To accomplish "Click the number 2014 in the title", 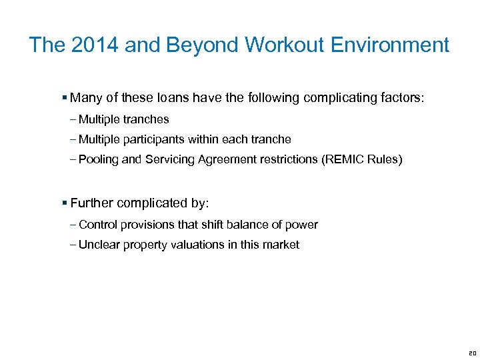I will [x=84, y=45].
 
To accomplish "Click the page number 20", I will [x=471, y=353].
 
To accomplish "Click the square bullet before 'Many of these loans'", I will [x=65, y=98].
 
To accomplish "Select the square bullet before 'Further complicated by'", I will [x=65, y=203].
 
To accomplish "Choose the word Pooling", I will [x=97, y=160].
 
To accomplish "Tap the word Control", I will [x=97, y=225].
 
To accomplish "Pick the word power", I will [x=303, y=225].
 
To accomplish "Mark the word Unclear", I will [x=99, y=245].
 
